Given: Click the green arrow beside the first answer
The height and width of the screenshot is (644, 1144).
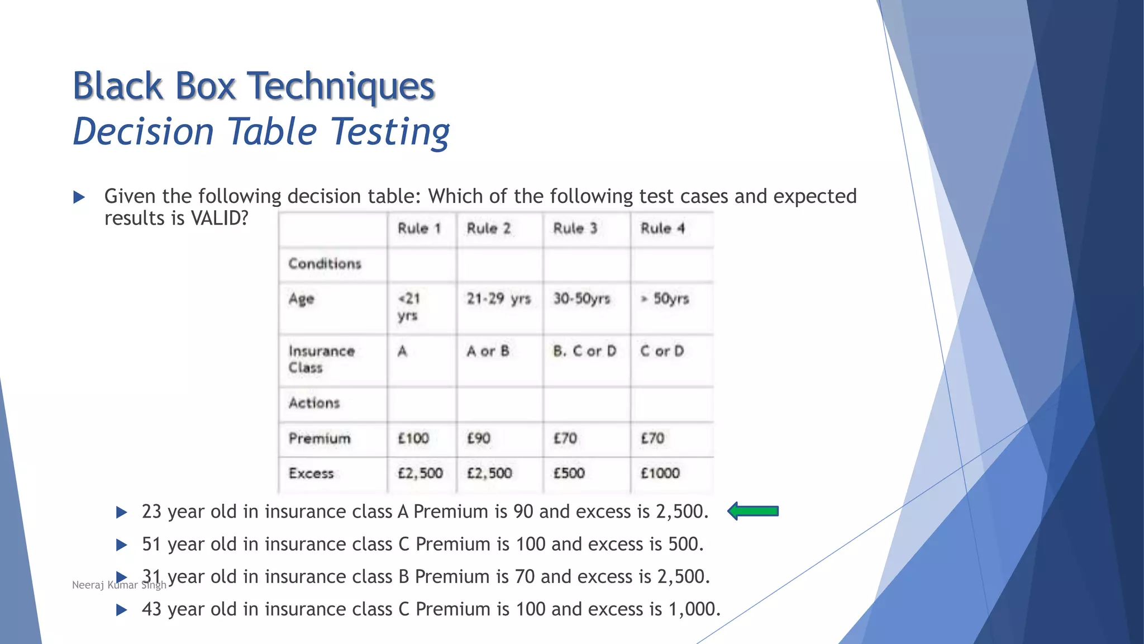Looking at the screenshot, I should [x=753, y=511].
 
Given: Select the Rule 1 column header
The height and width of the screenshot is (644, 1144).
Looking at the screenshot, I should [x=419, y=228].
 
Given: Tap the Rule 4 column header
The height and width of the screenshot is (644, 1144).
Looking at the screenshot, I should [x=662, y=228].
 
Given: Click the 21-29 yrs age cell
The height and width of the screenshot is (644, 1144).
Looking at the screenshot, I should [x=498, y=299].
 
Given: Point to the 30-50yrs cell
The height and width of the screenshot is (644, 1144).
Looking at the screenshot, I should [x=581, y=299].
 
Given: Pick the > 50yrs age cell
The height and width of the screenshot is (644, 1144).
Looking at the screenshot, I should [x=665, y=299].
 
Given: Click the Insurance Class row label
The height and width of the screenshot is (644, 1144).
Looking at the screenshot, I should [x=321, y=359].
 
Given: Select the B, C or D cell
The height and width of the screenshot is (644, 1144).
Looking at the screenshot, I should [x=584, y=351].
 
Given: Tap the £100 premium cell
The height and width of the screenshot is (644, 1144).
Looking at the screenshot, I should [x=413, y=438].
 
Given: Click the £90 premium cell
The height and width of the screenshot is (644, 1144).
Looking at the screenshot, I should [x=479, y=438].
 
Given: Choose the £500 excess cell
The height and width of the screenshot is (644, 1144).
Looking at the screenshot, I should [x=569, y=473].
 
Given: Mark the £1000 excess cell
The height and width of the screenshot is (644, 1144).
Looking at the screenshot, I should [x=660, y=473].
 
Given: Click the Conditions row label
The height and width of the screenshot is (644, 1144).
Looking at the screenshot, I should [x=325, y=263].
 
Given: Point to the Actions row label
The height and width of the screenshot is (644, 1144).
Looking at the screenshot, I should [x=314, y=403].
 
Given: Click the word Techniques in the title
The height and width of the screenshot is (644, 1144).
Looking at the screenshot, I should [x=340, y=86].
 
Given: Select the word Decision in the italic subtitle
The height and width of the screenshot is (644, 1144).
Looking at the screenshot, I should [x=144, y=132].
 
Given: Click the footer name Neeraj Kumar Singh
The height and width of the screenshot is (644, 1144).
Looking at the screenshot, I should [x=119, y=585].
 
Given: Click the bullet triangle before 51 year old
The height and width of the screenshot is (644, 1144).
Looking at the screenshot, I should [x=121, y=544].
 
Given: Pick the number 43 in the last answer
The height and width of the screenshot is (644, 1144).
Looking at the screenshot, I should [x=151, y=609].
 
